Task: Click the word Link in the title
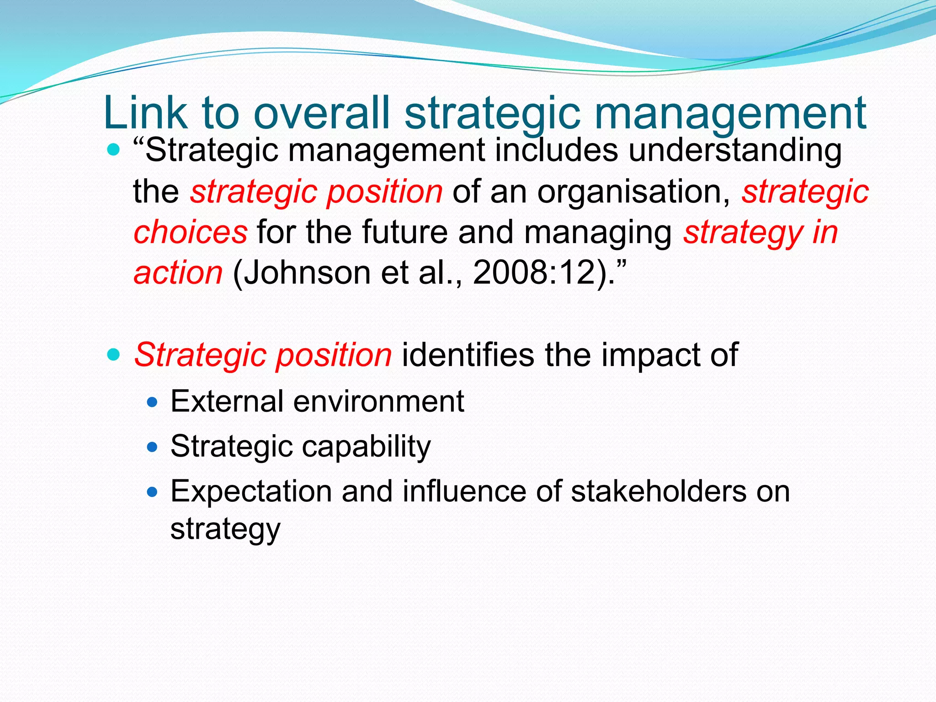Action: [145, 113]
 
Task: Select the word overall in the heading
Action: [322, 113]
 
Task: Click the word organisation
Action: [633, 191]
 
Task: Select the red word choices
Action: [190, 232]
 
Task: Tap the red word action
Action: [178, 273]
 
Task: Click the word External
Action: [227, 401]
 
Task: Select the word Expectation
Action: [251, 491]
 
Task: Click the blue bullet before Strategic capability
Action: [152, 447]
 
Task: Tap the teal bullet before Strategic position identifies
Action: [113, 354]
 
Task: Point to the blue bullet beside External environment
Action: [152, 402]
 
